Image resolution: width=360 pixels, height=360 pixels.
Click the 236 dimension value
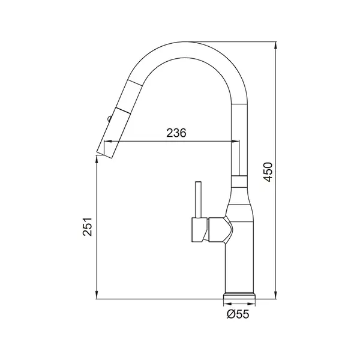click(x=176, y=133)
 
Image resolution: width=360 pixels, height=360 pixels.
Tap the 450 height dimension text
click(x=268, y=172)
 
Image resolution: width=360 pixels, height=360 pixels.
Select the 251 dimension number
click(x=88, y=227)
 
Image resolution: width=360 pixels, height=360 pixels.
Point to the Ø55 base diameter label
click(x=238, y=314)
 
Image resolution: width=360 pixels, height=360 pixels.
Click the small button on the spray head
click(x=109, y=118)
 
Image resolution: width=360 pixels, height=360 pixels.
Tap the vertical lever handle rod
click(x=198, y=200)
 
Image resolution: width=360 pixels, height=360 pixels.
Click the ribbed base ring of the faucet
click(x=239, y=296)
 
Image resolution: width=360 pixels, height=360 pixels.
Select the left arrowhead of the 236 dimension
click(x=108, y=141)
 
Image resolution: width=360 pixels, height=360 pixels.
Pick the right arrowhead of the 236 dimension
click(x=235, y=141)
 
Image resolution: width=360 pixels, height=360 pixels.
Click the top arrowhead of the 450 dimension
click(x=275, y=45)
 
